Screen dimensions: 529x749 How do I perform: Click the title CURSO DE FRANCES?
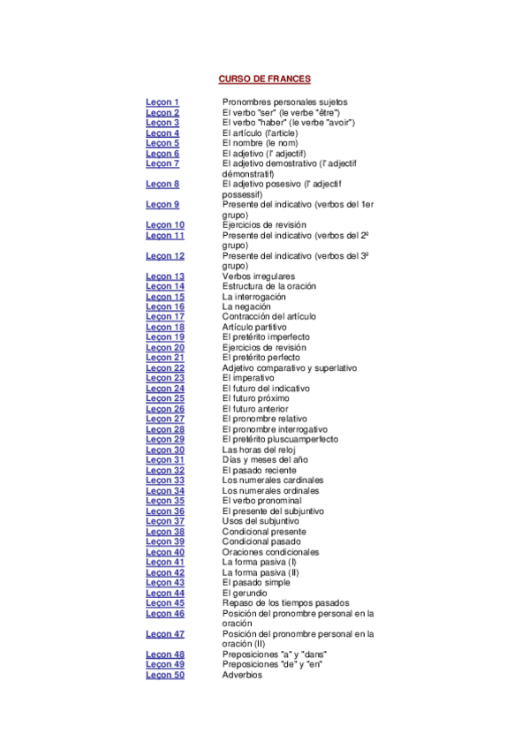[x=264, y=79]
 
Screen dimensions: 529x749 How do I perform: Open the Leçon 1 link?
[x=162, y=102]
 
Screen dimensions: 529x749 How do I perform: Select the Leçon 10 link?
[x=165, y=225]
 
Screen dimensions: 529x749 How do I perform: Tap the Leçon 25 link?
[x=165, y=398]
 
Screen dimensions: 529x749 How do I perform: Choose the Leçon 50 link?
[x=165, y=675]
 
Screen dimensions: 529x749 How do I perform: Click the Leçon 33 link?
[x=165, y=480]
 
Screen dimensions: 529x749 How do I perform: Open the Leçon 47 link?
[x=165, y=634]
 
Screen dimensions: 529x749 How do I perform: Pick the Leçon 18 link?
[x=165, y=327]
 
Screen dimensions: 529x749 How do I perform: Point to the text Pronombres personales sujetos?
[x=285, y=102]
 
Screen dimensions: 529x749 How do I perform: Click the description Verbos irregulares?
[x=259, y=276]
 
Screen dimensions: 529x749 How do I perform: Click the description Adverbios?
[x=242, y=675]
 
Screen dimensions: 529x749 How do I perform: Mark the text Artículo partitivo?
[x=254, y=327]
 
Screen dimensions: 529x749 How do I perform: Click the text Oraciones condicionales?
[x=271, y=552]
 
